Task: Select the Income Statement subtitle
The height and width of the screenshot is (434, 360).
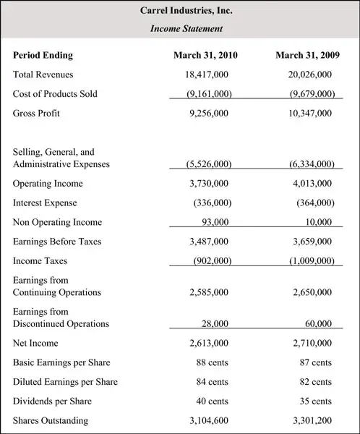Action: (186, 29)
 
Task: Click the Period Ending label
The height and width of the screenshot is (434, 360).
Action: (43, 55)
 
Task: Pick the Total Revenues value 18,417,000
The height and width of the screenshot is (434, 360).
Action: (207, 75)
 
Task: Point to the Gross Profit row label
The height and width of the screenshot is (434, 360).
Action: (36, 114)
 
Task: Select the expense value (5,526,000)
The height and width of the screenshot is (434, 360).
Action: (208, 164)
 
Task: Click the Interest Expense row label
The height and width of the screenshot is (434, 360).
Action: (45, 203)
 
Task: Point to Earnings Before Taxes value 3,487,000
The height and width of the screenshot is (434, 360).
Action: (208, 242)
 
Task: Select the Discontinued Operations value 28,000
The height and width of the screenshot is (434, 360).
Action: (215, 324)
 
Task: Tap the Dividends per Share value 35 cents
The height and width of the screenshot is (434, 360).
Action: (316, 401)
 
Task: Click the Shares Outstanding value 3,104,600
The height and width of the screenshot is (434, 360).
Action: (208, 420)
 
